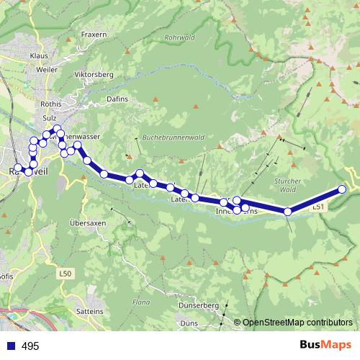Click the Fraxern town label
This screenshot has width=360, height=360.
click(94, 34)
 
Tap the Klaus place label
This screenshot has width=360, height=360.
click(39, 55)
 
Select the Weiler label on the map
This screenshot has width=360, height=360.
click(47, 71)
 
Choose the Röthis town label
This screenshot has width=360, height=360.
click(53, 104)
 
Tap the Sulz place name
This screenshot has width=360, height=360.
click(50, 117)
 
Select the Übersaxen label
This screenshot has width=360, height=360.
click(88, 224)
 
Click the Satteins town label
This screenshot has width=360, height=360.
click(89, 310)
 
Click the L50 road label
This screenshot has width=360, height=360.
click(67, 274)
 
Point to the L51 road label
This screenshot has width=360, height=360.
click(320, 207)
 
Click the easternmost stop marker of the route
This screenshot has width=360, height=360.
click(342, 189)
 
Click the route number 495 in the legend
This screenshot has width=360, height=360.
click(30, 346)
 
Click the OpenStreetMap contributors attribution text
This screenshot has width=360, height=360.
click(298, 323)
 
